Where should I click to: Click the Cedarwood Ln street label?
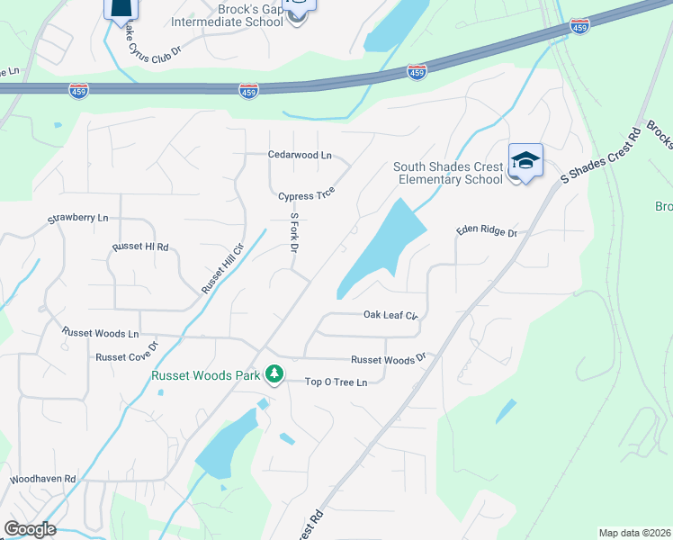tap(301, 155)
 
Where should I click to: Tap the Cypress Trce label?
tap(306, 195)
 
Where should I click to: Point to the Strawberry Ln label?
tap(77, 219)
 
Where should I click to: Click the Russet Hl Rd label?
tap(140, 247)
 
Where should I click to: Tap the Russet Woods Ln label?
tap(100, 332)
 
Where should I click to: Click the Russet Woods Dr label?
tap(387, 359)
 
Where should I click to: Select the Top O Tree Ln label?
tap(336, 382)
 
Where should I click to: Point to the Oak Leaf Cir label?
tap(391, 315)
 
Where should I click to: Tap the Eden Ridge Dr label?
tap(486, 232)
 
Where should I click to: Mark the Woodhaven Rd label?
tap(43, 479)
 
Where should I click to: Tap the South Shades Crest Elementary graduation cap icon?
tap(525, 161)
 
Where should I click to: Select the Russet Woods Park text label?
tap(206, 375)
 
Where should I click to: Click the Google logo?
tap(30, 529)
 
